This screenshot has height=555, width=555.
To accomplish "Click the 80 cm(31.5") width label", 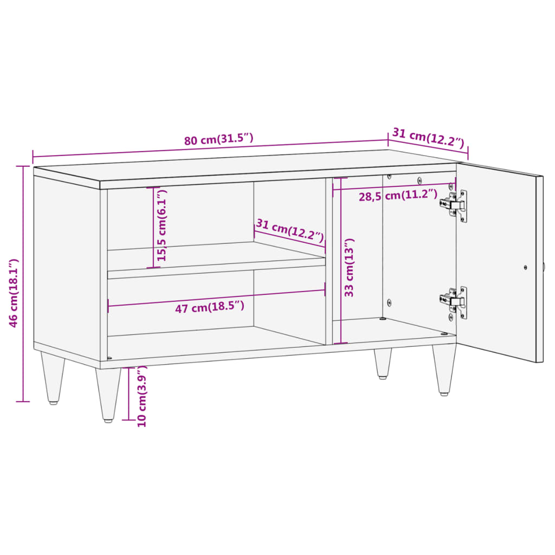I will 218,139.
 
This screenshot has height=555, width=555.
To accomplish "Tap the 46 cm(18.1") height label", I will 14,293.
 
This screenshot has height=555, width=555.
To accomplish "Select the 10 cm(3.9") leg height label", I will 142,396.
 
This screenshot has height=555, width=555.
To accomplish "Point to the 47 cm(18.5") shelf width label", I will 209,307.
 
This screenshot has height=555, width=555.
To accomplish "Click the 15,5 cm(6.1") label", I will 162,225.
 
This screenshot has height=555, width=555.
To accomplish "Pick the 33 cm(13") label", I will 350,267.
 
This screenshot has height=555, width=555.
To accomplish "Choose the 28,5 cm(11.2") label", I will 397,196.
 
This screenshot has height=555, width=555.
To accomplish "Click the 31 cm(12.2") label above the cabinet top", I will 428,138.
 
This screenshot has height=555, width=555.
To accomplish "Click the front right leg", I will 443,370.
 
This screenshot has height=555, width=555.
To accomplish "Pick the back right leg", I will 383,362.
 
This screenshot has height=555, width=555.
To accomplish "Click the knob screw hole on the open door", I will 525,267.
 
